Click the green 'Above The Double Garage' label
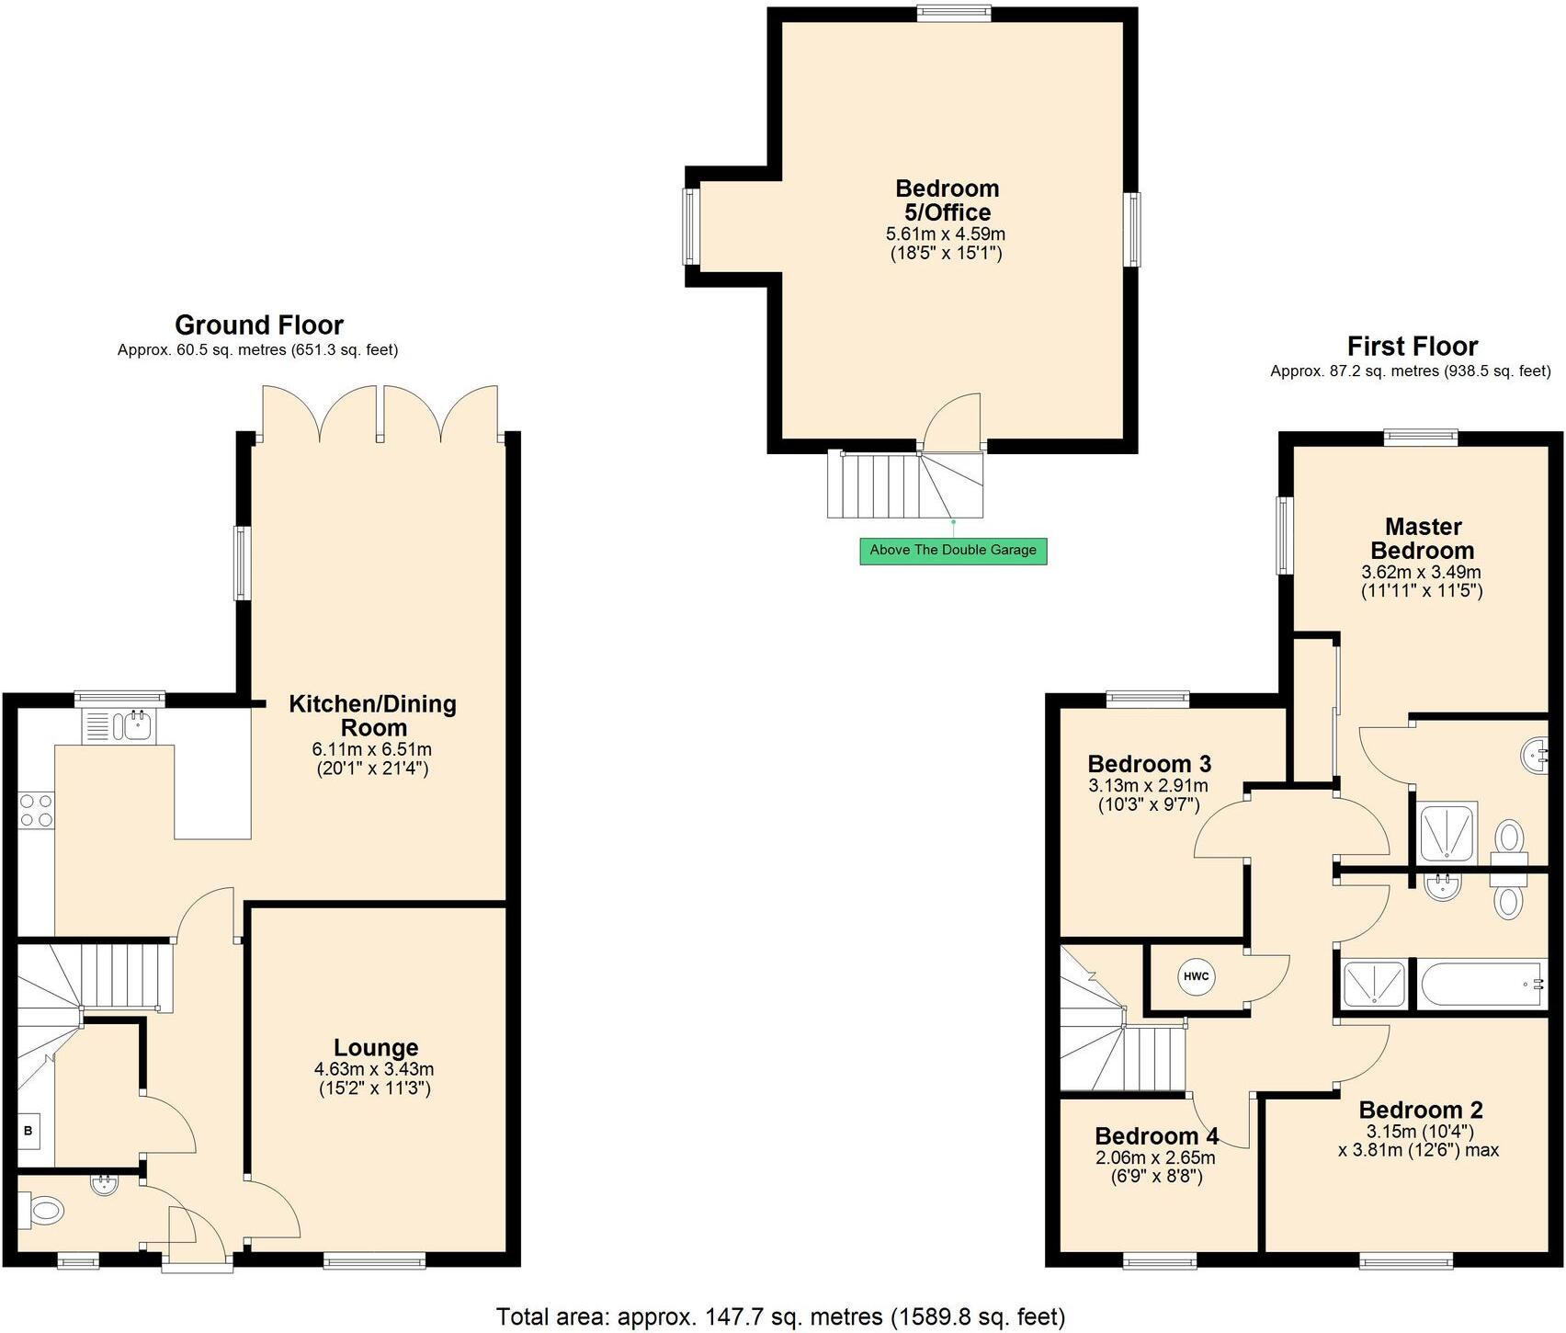(x=953, y=551)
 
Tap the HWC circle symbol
(x=1196, y=976)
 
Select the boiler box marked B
(x=28, y=1131)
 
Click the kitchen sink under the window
(x=122, y=727)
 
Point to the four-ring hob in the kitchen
(x=37, y=810)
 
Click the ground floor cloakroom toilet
(x=41, y=1210)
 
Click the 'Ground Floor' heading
(x=259, y=325)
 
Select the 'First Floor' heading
(x=1413, y=347)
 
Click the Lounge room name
(x=376, y=1047)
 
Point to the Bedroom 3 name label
(x=1149, y=764)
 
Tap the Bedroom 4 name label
(x=1156, y=1136)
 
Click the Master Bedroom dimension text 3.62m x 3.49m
(x=1422, y=572)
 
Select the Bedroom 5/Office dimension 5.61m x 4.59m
(x=946, y=234)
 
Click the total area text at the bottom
(x=781, y=1316)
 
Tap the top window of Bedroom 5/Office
(x=953, y=13)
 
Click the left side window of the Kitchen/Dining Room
(x=243, y=563)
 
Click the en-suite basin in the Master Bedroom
(x=1534, y=758)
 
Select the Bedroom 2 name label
(x=1420, y=1110)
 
